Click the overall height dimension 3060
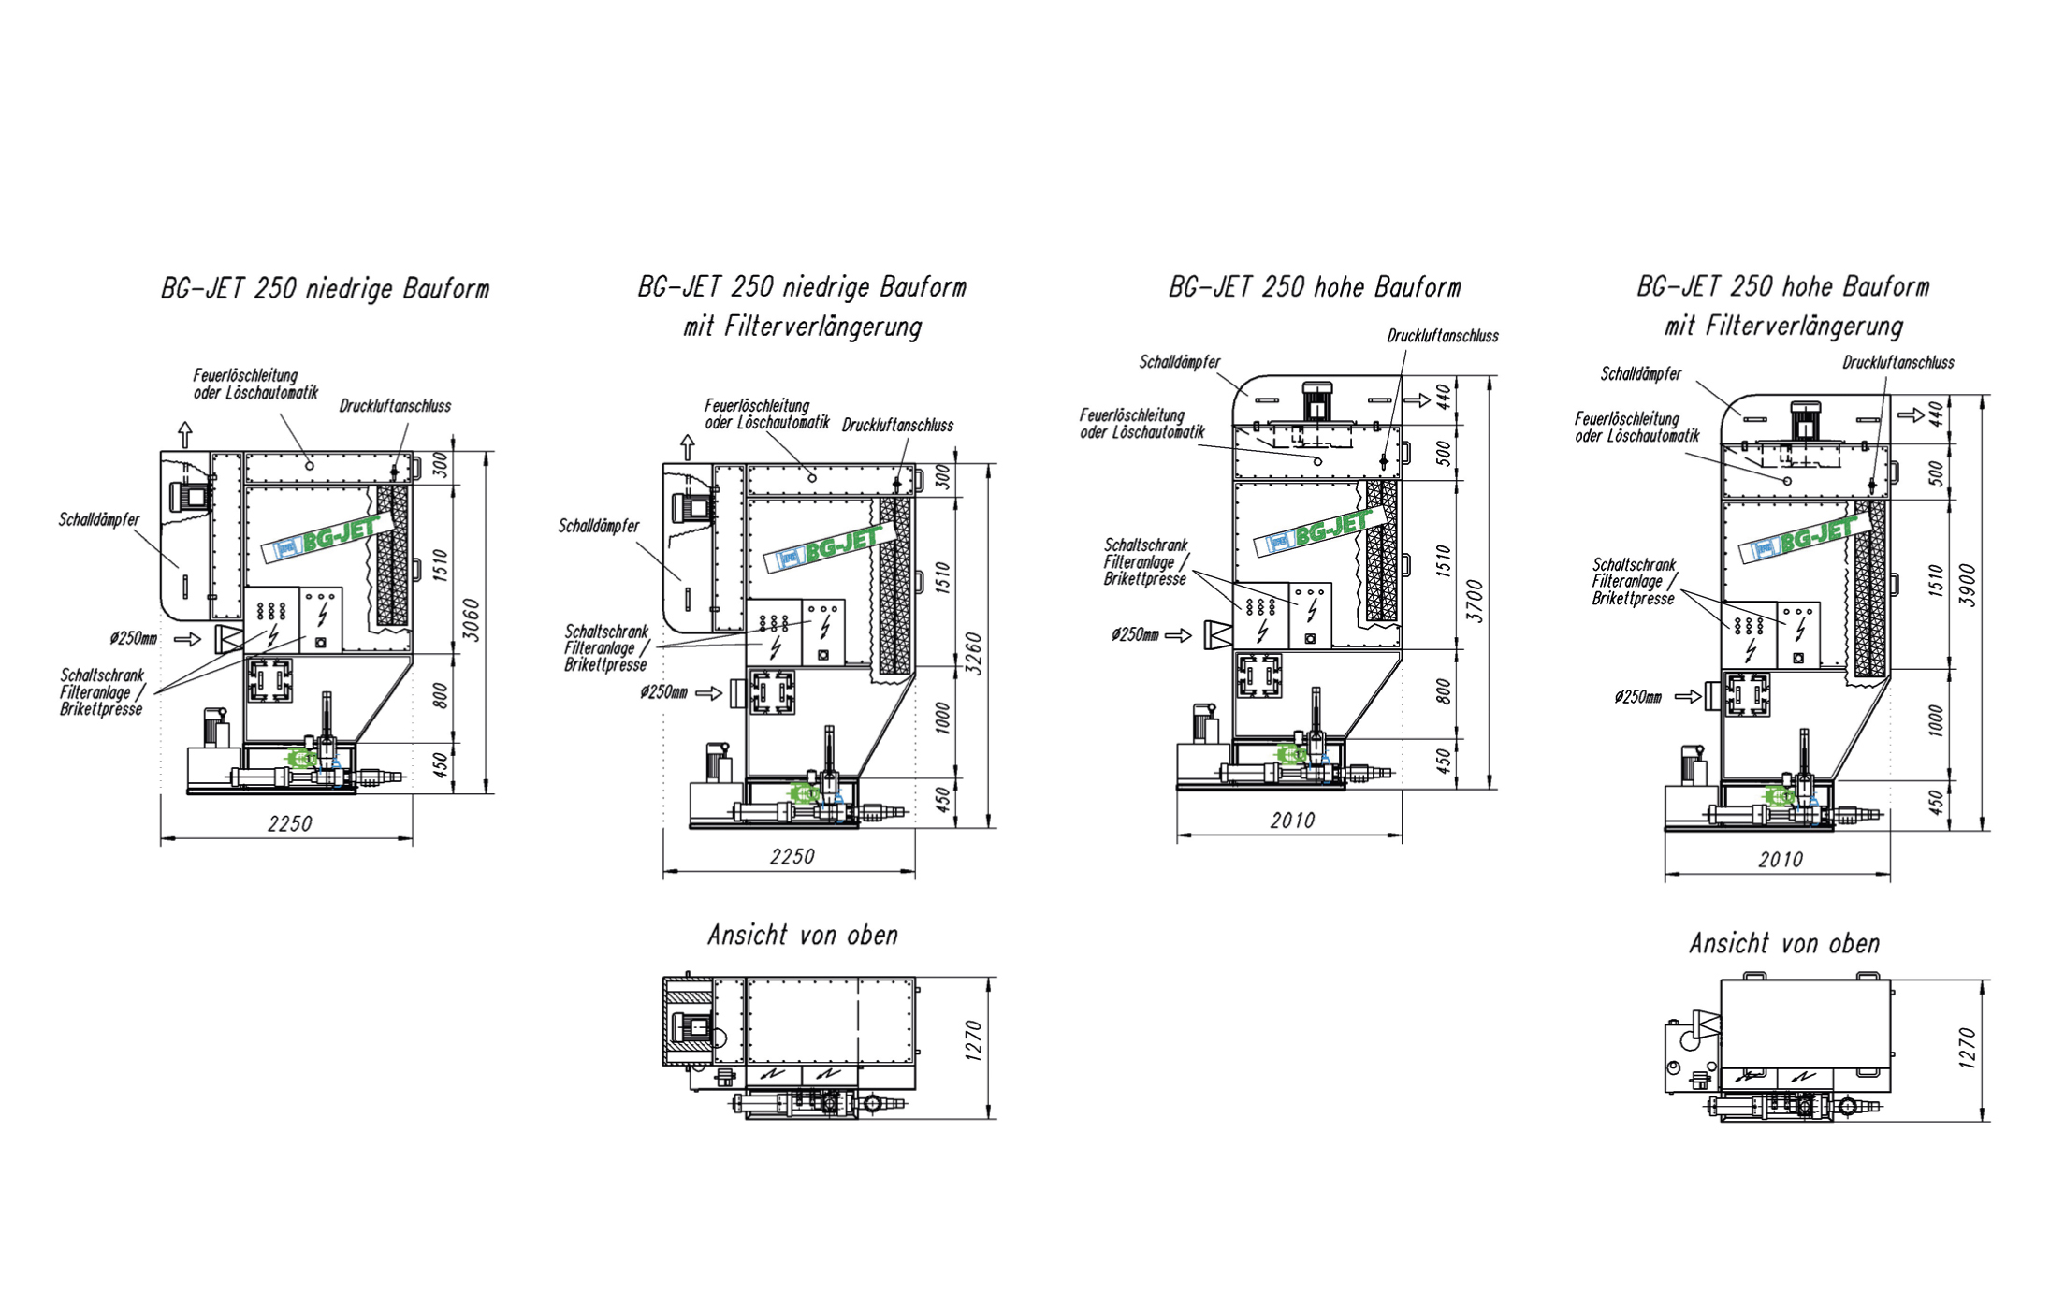click(x=473, y=619)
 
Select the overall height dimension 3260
click(x=974, y=653)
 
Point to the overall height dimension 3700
click(x=1475, y=601)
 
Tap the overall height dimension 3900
click(x=1968, y=585)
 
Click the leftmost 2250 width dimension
click(x=290, y=824)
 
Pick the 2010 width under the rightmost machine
click(x=1781, y=860)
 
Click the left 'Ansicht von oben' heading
click(x=803, y=936)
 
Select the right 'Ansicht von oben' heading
click(x=1784, y=944)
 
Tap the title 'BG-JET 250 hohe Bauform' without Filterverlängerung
click(x=1315, y=287)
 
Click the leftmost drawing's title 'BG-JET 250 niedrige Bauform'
click(x=325, y=288)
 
